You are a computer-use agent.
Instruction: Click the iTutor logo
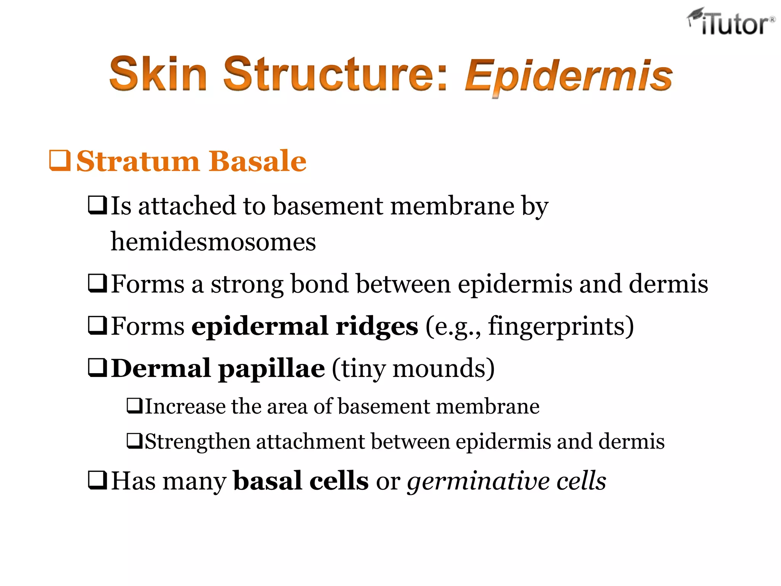pos(731,22)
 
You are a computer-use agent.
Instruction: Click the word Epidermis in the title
pos(568,76)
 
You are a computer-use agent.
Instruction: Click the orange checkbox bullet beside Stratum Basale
pos(60,161)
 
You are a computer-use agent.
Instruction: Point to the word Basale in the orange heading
pos(257,161)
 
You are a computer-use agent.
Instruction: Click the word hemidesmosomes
pos(213,241)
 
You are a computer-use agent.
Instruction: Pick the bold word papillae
pos(271,369)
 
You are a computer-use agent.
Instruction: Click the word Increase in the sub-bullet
pos(185,406)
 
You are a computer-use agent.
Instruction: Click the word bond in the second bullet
pos(320,284)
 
